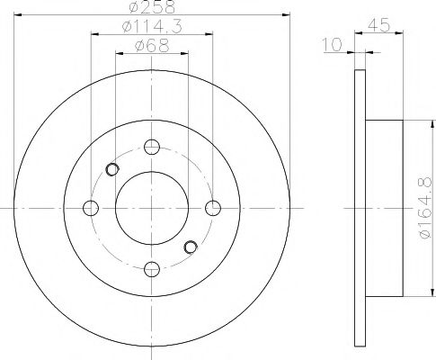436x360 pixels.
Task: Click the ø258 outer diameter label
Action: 151,7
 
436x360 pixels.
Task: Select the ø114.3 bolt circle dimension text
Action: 151,29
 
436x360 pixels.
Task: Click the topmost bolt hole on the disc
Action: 151,148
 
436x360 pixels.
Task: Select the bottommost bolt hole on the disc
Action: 151,267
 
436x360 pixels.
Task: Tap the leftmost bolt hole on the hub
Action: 90,208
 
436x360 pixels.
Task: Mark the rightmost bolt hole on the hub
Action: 212,208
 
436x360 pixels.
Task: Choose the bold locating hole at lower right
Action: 190,247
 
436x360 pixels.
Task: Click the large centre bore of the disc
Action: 151,208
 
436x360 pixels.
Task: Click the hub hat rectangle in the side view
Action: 384,208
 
